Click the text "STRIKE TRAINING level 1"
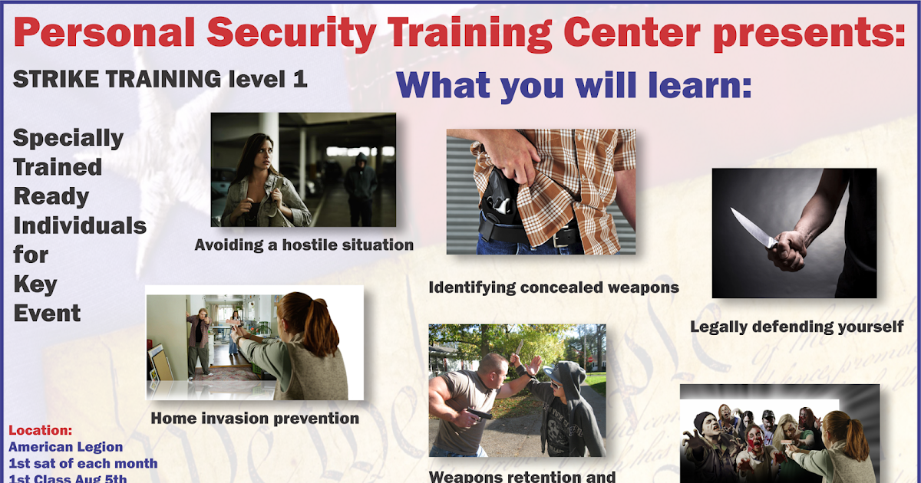point(160,78)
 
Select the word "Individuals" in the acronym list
point(80,225)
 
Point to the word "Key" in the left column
point(35,284)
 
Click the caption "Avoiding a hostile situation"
point(304,245)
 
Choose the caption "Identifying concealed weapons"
point(553,287)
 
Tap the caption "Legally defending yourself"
point(797,327)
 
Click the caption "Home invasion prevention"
point(255,419)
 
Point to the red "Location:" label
point(40,431)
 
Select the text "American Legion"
point(65,447)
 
